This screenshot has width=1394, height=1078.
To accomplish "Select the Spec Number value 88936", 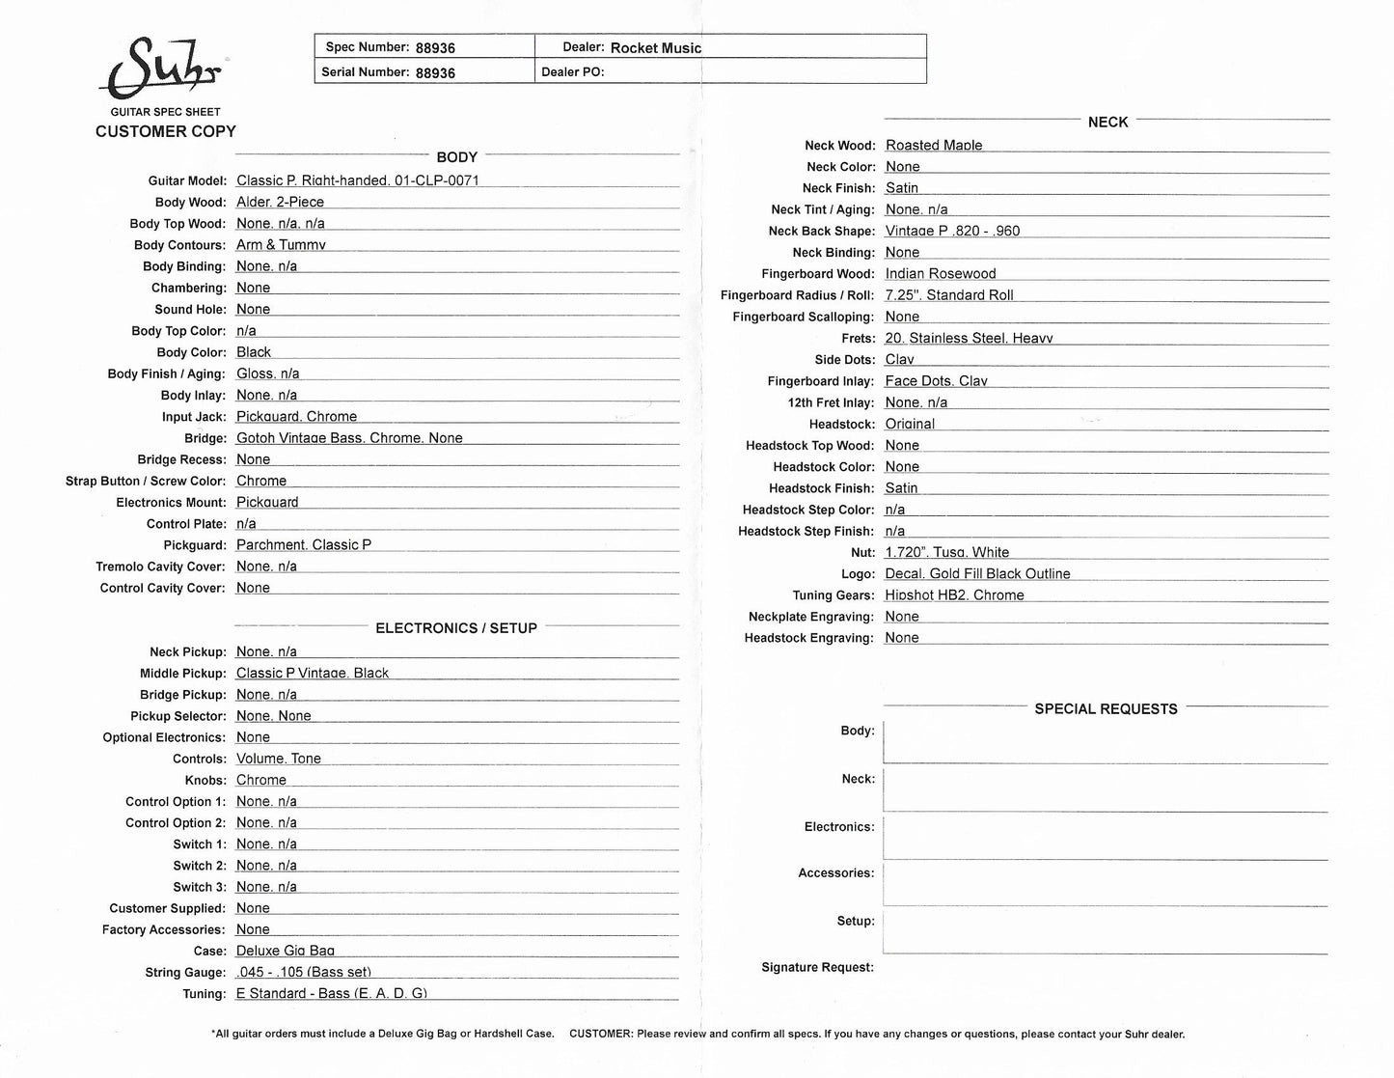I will click(x=435, y=47).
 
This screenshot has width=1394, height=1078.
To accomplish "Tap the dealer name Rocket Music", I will click(x=656, y=47).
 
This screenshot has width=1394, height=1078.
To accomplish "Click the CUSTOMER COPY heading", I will click(x=166, y=131).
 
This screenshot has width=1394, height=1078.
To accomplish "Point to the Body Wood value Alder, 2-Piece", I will click(x=280, y=202).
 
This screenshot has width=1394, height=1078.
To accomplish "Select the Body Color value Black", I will click(x=254, y=352).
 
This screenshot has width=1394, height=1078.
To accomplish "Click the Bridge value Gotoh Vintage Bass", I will click(x=349, y=438).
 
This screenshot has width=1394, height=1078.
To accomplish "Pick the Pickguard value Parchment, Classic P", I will click(x=304, y=545).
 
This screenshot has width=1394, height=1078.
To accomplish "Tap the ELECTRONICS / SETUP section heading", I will click(x=456, y=628).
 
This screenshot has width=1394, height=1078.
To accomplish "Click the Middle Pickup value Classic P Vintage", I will click(x=313, y=674).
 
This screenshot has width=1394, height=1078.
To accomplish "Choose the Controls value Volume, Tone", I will click(x=279, y=759).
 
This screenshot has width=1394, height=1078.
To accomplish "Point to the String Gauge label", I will click(x=185, y=973).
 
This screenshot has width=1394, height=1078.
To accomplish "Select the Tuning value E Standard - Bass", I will click(x=332, y=993).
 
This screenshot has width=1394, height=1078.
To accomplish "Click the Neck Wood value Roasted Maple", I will click(x=934, y=146).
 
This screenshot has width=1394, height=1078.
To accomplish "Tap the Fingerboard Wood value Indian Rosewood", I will click(x=941, y=274).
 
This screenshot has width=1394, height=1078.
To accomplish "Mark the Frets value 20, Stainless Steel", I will click(x=969, y=339).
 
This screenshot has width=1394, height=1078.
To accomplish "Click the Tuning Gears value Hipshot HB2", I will click(x=954, y=595).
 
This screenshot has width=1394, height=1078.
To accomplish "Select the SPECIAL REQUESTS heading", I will click(x=1106, y=709).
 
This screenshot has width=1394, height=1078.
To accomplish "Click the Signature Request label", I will click(x=817, y=967).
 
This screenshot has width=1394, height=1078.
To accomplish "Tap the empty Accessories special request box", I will click(x=1106, y=883).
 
